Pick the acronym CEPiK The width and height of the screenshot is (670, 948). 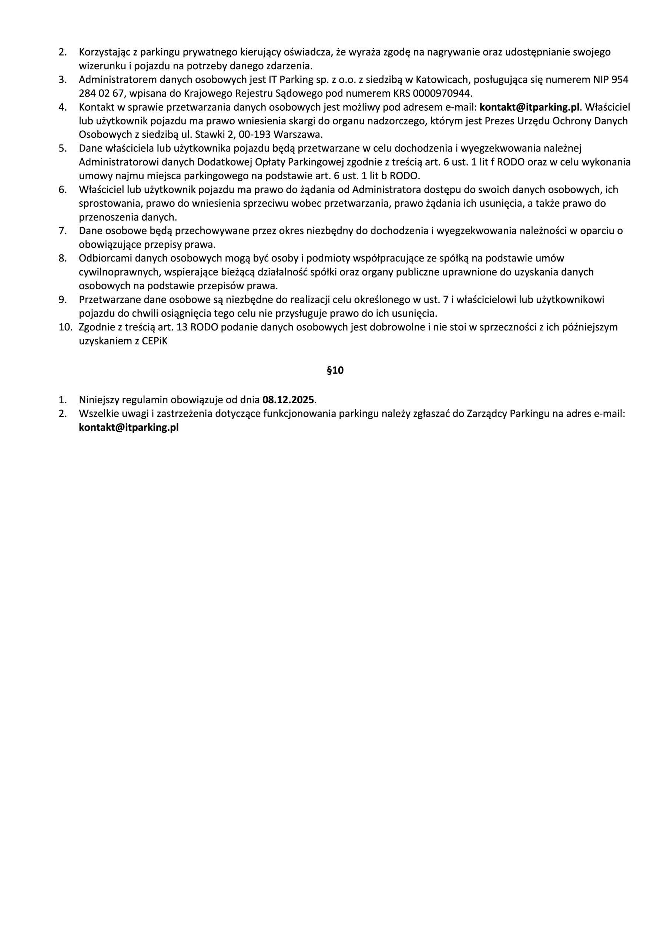[155, 341]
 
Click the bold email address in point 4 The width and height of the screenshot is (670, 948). [530, 107]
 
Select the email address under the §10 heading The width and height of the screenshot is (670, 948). [129, 427]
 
